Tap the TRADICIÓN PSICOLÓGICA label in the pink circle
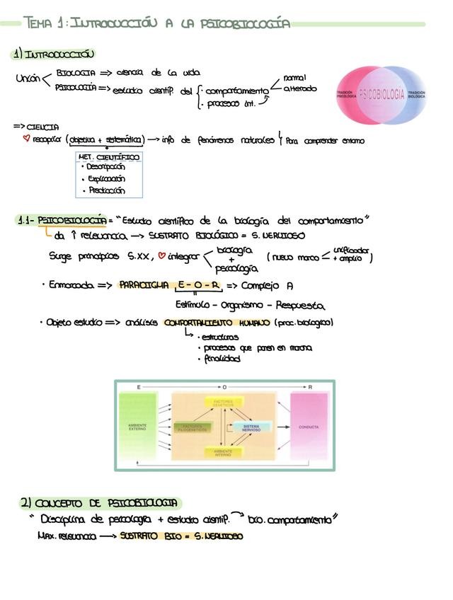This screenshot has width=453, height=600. [x=345, y=94]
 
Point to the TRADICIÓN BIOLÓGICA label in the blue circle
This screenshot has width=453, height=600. [x=416, y=94]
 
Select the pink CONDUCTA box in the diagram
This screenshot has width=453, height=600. [x=309, y=427]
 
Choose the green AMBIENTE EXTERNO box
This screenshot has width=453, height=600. [x=137, y=427]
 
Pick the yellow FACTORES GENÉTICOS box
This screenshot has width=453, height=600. [x=223, y=402]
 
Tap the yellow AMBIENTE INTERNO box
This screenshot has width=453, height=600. [x=223, y=453]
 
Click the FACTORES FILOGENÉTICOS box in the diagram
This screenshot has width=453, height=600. [x=193, y=427]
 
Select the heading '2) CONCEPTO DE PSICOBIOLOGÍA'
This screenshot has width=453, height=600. [x=100, y=502]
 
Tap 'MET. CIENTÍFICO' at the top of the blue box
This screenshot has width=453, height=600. [x=109, y=156]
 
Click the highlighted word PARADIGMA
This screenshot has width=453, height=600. [x=144, y=286]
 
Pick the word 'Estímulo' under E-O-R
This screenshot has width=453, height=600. [x=196, y=306]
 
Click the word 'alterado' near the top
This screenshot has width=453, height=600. [x=300, y=88]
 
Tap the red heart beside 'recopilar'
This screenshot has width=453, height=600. [x=26, y=139]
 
